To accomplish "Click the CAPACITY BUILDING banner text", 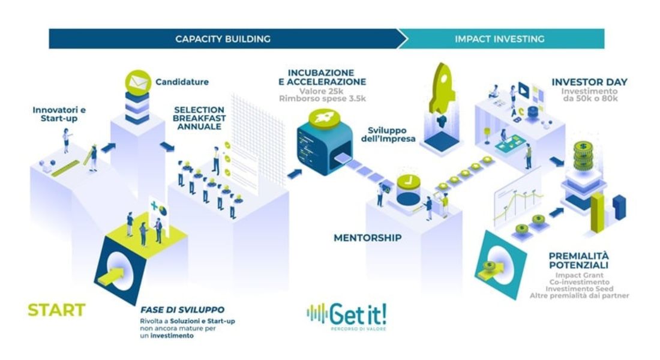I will [223, 39].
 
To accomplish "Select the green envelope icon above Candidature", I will [137, 81].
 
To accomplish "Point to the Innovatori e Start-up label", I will [59, 114].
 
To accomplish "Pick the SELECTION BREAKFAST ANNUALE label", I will [200, 118].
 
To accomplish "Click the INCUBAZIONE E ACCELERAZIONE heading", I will [326, 77].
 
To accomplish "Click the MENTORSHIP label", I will [367, 238].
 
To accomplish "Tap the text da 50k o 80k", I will [589, 99].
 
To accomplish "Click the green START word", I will [56, 310].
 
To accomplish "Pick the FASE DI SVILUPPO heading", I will [178, 310].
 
